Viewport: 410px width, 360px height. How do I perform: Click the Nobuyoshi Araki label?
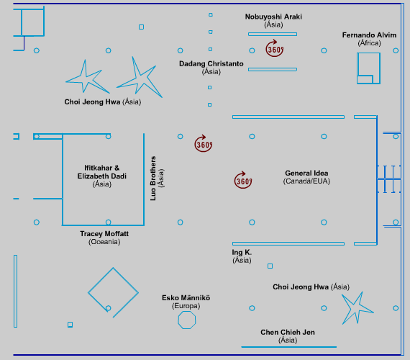[x=273, y=17]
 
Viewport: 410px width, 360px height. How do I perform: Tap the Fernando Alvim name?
[x=369, y=35]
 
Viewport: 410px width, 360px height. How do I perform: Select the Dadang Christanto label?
[x=211, y=63]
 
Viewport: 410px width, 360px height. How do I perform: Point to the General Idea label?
[x=306, y=173]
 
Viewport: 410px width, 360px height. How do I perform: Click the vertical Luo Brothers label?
[x=153, y=179]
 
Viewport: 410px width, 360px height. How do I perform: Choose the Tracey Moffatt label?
[x=104, y=233]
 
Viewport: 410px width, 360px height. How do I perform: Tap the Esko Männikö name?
[x=186, y=297]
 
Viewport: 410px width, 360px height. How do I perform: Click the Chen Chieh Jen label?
[x=288, y=332]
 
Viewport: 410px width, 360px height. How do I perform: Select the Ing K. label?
[x=242, y=252]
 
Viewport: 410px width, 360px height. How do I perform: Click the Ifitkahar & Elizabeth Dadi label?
[x=101, y=172]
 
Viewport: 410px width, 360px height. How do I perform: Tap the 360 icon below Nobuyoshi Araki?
[x=275, y=48]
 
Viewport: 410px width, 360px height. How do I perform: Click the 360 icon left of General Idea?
[x=243, y=180]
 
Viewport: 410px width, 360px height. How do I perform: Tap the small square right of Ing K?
[x=270, y=266]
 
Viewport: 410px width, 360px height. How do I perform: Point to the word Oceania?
[x=104, y=242]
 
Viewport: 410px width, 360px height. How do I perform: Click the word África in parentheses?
[x=369, y=43]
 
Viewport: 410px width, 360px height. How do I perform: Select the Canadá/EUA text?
[x=306, y=181]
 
